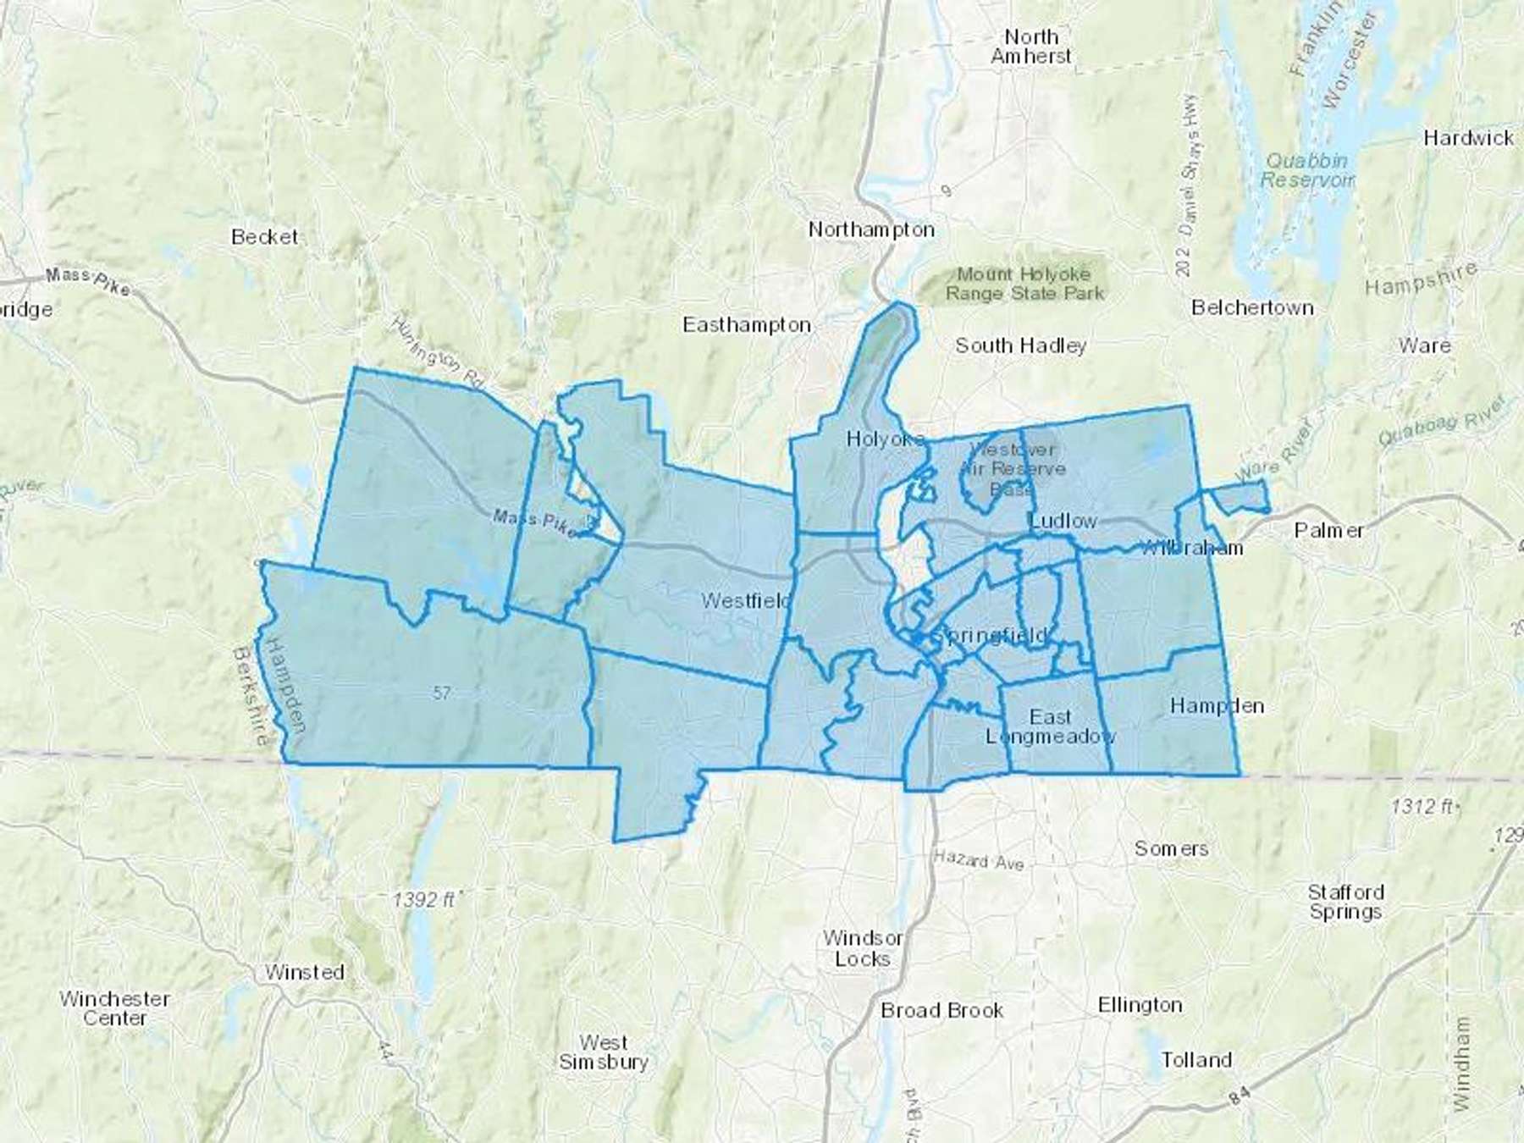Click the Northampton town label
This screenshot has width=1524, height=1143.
[871, 229]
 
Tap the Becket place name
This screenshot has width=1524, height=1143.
[264, 237]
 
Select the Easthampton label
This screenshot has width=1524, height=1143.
[747, 325]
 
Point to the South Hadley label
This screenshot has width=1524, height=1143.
[1020, 345]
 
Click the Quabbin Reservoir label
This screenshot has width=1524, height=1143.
[1306, 170]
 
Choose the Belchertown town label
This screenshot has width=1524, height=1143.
[1252, 307]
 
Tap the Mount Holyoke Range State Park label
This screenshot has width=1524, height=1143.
[1024, 284]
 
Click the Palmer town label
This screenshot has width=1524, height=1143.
[1329, 531]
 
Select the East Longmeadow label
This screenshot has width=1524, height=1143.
[1050, 726]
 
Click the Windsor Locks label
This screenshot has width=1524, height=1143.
[863, 948]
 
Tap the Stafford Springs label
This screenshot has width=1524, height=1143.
[1345, 902]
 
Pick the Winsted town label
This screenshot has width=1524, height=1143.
[304, 972]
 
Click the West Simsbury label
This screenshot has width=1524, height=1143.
[603, 1052]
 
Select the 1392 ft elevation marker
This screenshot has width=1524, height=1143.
[423, 899]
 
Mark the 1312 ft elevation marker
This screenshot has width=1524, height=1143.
[1425, 806]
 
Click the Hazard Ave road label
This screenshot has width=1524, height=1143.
[979, 860]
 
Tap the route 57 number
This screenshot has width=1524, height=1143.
[441, 693]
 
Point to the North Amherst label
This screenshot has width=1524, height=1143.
[1030, 47]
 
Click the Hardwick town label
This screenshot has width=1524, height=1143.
[1468, 138]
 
